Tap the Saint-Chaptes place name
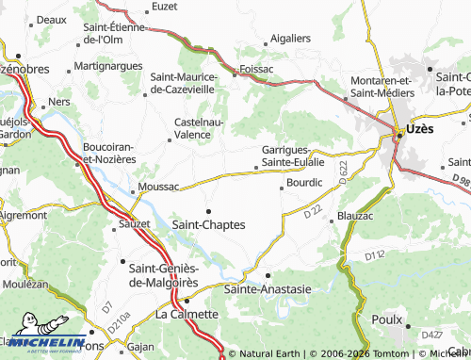point(209,224)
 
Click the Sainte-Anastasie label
point(267,289)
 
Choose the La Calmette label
point(187,314)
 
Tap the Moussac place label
point(157,188)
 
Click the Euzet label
point(165,7)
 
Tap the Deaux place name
point(51,19)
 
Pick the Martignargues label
point(108,66)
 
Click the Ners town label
point(61,101)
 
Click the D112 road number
point(376,255)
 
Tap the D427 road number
point(432,335)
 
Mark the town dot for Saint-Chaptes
point(208,210)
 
